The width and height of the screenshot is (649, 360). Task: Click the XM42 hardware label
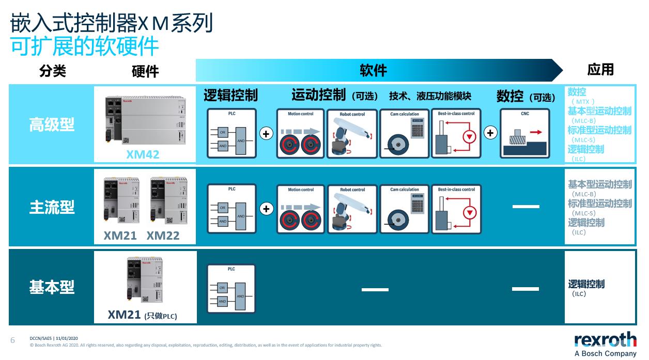coord(143,154)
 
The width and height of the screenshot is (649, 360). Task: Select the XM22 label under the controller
coord(163,236)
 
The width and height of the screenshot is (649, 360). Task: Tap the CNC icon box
coord(524,133)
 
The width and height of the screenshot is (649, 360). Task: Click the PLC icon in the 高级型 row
coord(231,133)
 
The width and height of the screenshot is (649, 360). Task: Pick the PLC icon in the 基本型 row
coord(231,289)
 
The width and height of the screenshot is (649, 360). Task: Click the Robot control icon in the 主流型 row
coord(352,209)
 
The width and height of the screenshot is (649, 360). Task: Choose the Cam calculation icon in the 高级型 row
coord(405,133)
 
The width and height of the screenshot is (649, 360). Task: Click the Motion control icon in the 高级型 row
coord(300,133)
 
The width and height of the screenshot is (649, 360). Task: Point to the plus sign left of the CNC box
coord(490,133)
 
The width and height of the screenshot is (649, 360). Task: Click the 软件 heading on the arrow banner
coord(373,70)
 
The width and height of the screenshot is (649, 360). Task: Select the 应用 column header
coord(600,70)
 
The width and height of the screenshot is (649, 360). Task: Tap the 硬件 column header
coord(145,71)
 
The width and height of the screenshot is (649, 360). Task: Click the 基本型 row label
coord(52,287)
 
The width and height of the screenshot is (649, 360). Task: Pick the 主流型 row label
coord(52,207)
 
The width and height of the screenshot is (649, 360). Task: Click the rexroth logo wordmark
coord(605,340)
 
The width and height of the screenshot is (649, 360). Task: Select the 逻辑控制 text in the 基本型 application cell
coord(586,284)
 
